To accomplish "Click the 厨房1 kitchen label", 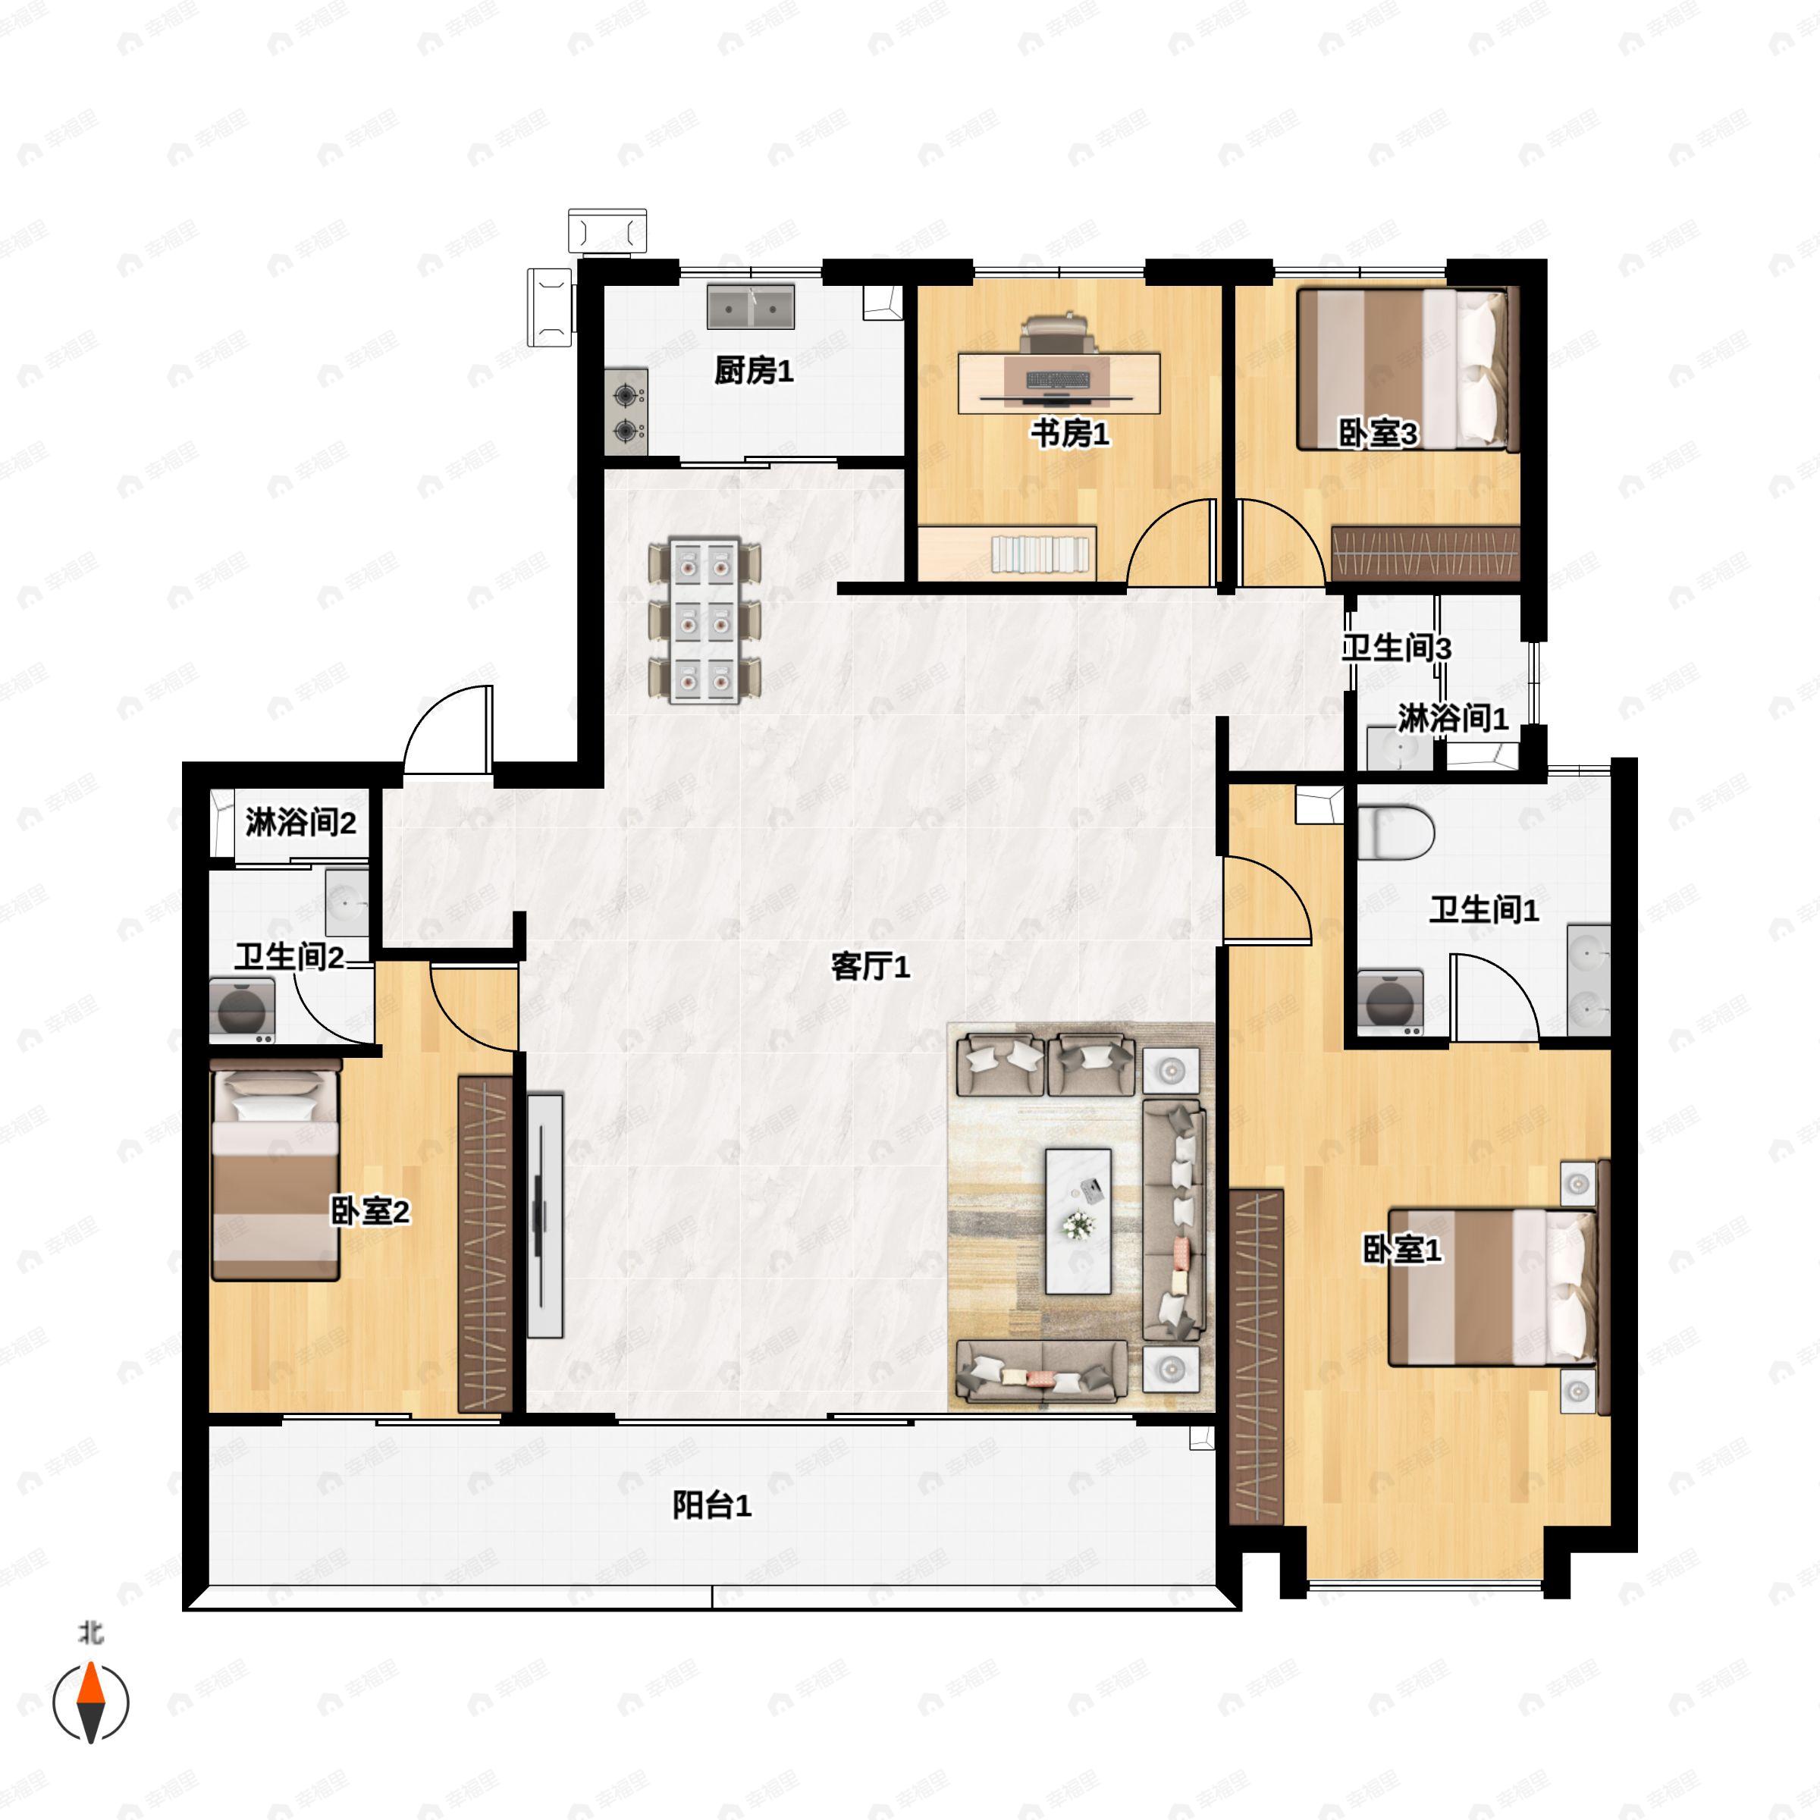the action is coord(754,371).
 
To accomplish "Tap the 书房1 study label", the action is coord(1069,435).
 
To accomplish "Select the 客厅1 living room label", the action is coord(871,967).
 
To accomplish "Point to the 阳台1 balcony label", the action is coord(712,1505).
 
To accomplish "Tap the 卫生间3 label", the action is coord(1396,648).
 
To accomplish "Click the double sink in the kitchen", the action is coord(751,306).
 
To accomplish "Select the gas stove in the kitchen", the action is coord(626,412).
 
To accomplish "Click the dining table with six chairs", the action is coord(704,621).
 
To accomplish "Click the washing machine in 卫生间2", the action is coord(242,1011).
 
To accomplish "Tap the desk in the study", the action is coord(1059,382).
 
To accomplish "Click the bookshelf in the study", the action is coord(1041,553).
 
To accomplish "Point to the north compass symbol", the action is coord(90,1702).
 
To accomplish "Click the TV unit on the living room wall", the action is coord(544,1215).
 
